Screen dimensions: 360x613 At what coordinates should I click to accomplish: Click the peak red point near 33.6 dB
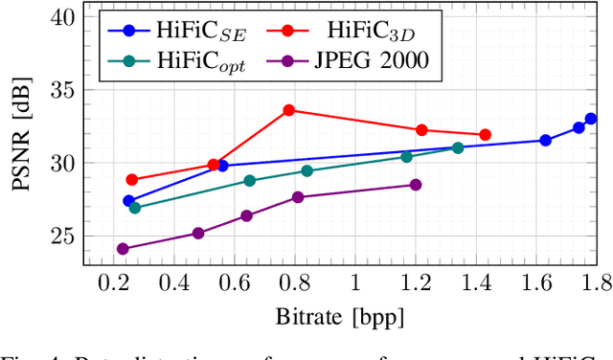[x=289, y=110]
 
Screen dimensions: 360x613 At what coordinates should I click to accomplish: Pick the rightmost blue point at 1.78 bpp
[x=591, y=119]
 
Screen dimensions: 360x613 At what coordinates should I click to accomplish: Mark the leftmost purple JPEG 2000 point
[x=123, y=249]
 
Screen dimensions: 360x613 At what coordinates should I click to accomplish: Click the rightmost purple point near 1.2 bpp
[x=416, y=185]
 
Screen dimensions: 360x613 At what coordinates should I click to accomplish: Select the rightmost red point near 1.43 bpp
[x=485, y=135]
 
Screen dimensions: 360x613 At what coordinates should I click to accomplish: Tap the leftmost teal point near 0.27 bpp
[x=134, y=208]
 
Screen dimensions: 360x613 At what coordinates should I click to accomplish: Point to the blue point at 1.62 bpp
[x=545, y=141]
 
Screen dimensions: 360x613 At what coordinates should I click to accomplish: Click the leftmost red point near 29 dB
[x=132, y=180]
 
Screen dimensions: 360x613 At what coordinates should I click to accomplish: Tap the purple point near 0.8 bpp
[x=298, y=197]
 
